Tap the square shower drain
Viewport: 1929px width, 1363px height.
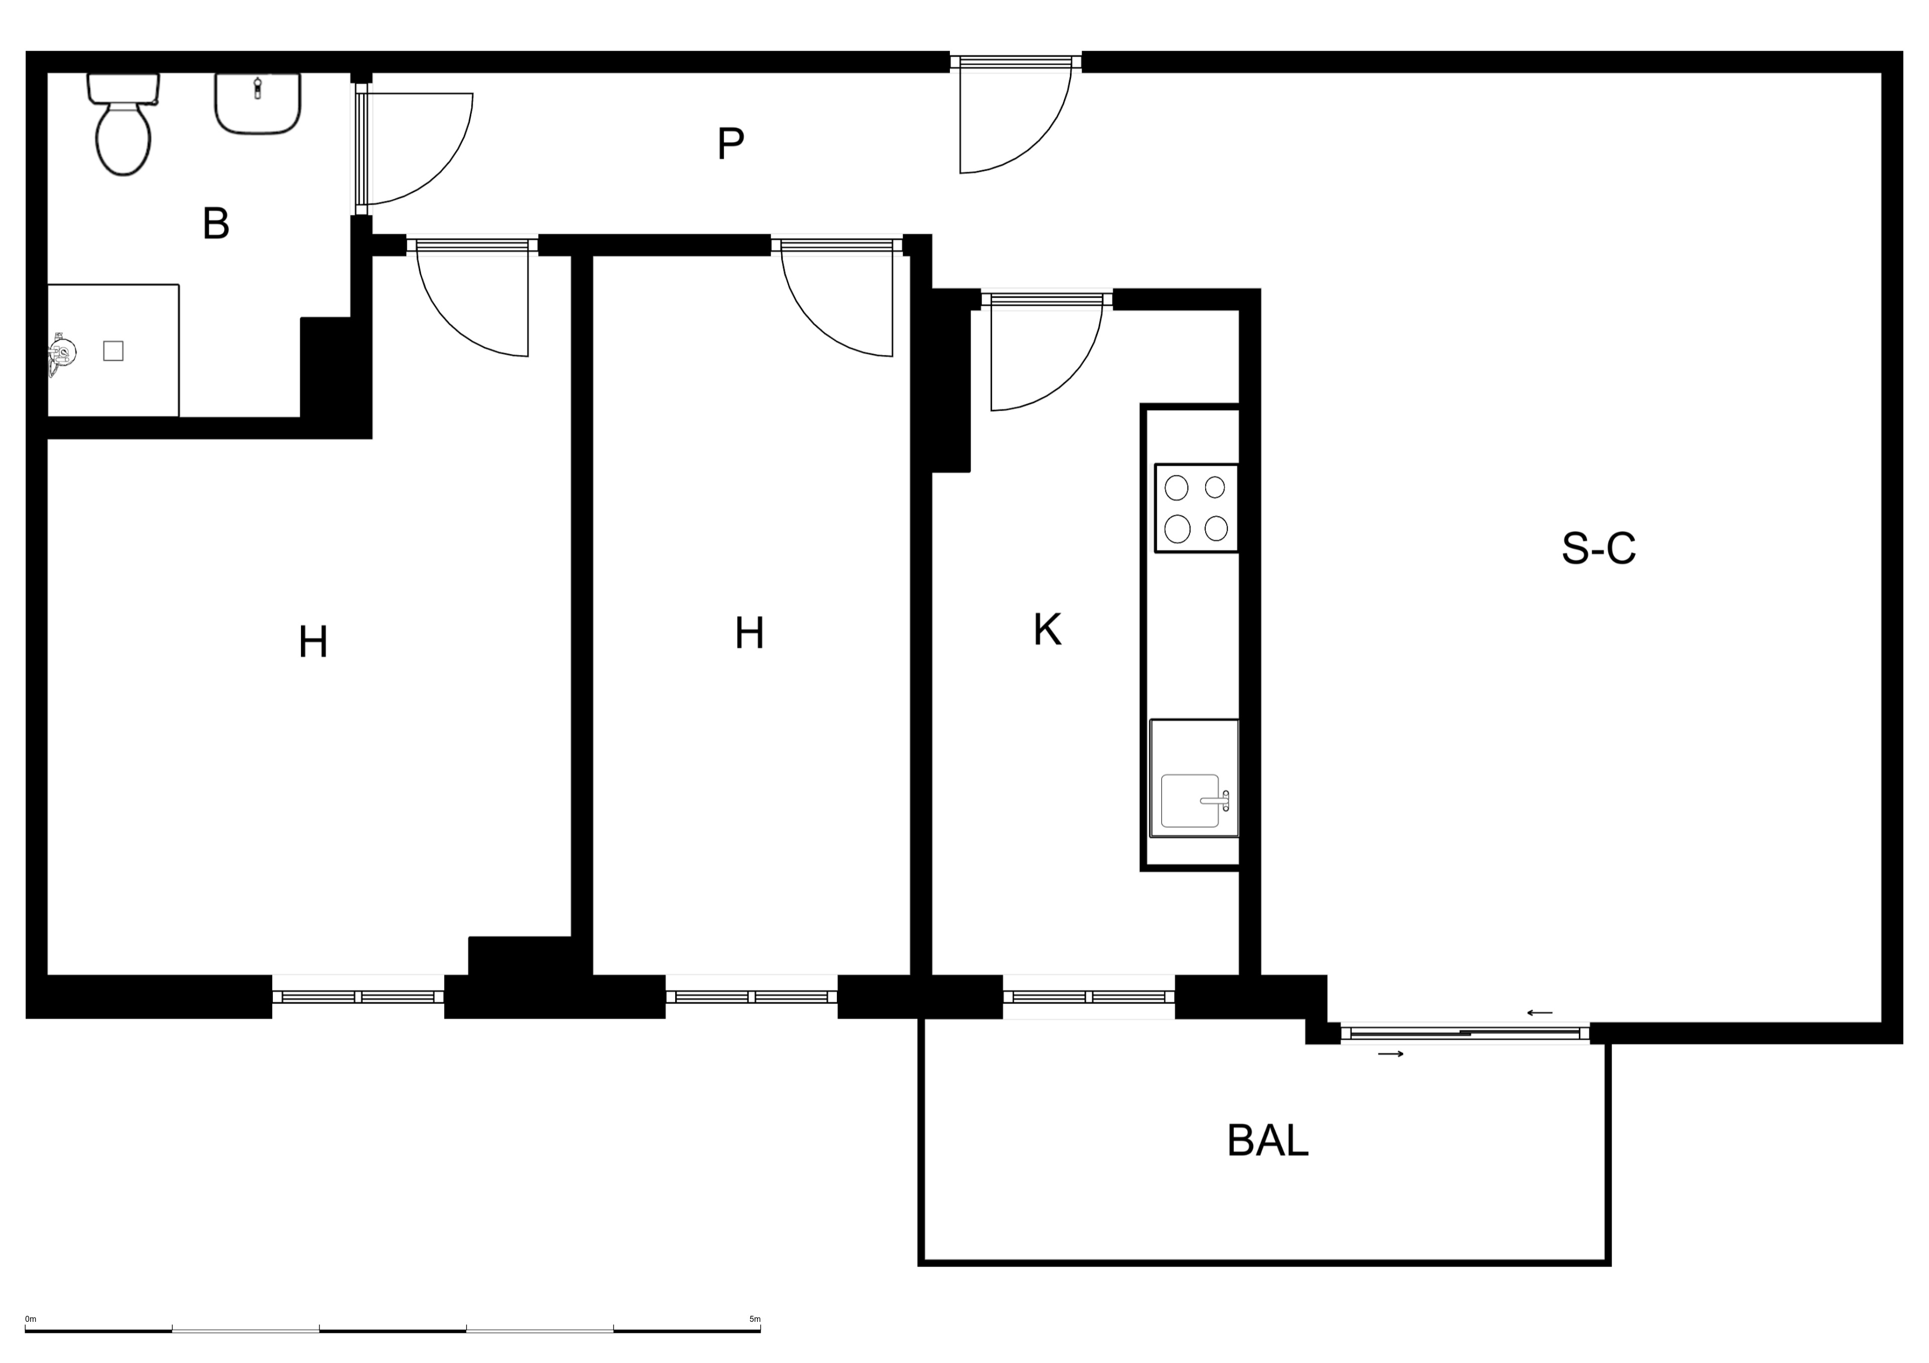114,351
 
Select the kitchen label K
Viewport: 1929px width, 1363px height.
1047,630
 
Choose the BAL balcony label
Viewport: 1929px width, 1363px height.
1267,1141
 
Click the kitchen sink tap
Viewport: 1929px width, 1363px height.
1218,801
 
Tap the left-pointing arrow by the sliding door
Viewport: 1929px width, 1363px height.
1540,1013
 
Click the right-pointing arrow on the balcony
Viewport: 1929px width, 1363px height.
1391,1054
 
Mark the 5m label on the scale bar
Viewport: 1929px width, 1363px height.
755,1319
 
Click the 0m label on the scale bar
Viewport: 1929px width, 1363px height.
31,1319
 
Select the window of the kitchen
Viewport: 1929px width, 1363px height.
1089,997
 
